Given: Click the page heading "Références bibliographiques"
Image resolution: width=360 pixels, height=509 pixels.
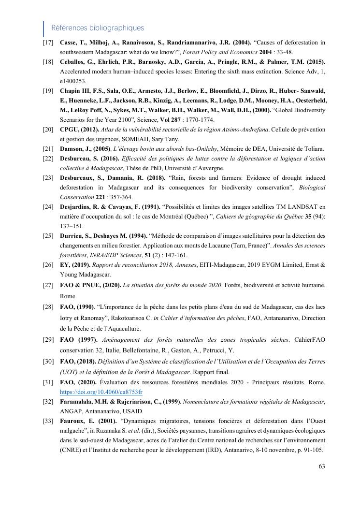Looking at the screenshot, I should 98,28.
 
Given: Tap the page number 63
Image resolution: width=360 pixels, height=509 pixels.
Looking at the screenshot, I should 322,466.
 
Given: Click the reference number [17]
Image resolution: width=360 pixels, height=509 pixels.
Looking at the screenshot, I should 48,43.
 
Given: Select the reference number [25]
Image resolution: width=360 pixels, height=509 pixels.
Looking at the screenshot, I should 48,236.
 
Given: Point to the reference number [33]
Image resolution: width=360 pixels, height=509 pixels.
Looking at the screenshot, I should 48,421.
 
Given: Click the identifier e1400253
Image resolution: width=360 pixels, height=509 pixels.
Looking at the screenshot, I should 73,81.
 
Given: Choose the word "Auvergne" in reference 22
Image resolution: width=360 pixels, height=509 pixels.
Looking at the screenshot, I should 210,168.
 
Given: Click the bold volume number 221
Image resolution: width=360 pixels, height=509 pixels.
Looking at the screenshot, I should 100,197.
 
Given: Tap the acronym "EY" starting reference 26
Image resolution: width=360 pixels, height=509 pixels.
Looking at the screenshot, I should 64,265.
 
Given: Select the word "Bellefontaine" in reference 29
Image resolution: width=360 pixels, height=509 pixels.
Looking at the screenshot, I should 131,350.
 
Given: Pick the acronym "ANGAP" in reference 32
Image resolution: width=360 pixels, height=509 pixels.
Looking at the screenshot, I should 72,411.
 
